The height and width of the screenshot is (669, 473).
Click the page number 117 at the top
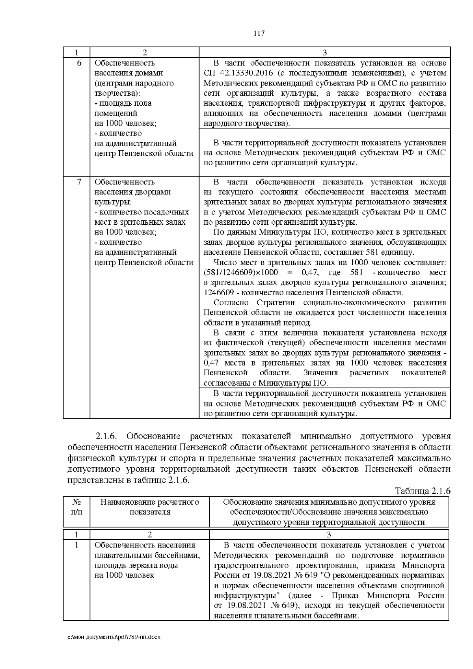pos(259,34)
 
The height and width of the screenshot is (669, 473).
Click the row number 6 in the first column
pos(79,63)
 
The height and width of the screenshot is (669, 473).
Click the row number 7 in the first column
pos(79,182)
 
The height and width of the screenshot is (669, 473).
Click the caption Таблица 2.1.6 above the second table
pos(422,491)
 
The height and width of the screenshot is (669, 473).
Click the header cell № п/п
pos(77,507)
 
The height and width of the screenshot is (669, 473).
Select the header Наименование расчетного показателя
pos(149,507)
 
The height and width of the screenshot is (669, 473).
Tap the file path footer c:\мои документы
pos(114,637)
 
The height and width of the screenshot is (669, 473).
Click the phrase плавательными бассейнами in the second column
pos(147,555)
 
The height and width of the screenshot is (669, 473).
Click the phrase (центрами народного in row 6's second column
pos(134,83)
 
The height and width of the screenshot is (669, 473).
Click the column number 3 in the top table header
pos(325,53)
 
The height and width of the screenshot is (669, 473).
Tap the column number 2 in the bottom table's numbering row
pos(149,535)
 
